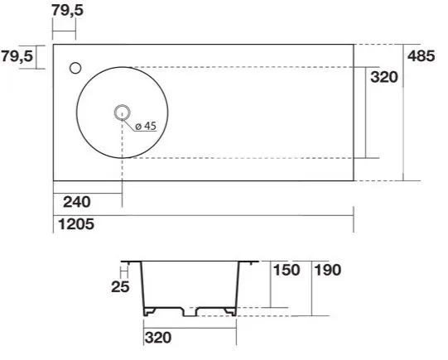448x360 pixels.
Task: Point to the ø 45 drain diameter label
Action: click(143, 126)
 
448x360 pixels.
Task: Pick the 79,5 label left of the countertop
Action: click(17, 56)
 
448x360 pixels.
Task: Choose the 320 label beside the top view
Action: click(383, 77)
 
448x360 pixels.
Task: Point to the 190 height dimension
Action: click(328, 270)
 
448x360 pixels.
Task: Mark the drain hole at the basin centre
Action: click(122, 112)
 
